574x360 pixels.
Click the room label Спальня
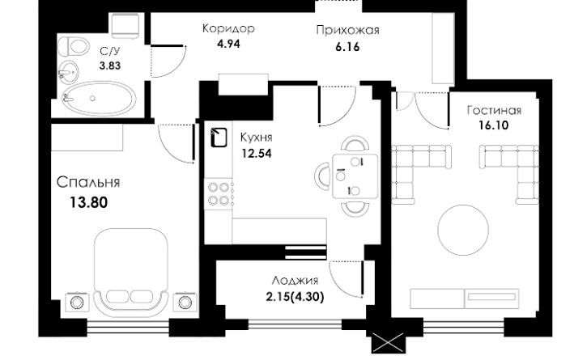88,182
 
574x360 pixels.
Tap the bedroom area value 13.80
88,202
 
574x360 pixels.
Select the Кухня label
257,138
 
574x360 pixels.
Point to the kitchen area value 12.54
257,153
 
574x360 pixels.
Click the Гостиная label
494,110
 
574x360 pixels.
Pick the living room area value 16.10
494,125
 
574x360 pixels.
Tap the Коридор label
228,28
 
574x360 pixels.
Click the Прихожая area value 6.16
347,47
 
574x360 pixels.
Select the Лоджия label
295,281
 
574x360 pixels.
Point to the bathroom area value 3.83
110,66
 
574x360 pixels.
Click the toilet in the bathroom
74,46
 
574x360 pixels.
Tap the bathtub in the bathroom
99,98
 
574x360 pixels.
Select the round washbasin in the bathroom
68,72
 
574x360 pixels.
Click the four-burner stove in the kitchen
219,194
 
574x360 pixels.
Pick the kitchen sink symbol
219,138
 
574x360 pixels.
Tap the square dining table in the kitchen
355,176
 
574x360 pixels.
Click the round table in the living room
463,230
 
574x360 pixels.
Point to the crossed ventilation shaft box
389,343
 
